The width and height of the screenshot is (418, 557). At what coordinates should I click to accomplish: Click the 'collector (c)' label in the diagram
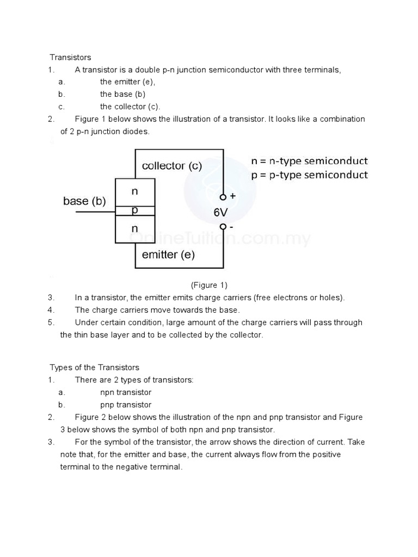click(x=171, y=166)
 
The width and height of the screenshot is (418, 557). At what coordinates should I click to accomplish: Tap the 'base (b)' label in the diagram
click(x=84, y=201)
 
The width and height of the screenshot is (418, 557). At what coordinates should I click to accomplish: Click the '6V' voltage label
click(x=220, y=213)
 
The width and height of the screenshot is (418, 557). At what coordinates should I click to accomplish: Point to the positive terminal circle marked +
click(x=223, y=197)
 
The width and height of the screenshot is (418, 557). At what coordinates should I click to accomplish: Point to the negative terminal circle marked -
click(x=223, y=227)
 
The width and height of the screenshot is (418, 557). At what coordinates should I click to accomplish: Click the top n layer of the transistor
click(x=135, y=192)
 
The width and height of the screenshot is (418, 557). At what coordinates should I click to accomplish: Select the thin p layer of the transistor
click(x=135, y=210)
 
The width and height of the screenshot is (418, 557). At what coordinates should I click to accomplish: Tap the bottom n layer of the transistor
click(x=135, y=229)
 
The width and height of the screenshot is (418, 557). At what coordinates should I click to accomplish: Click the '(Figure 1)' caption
click(x=208, y=285)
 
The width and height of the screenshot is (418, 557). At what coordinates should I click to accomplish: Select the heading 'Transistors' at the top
click(x=71, y=57)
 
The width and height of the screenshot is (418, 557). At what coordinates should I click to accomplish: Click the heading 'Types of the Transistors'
click(x=95, y=368)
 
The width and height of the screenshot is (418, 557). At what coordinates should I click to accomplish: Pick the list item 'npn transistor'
click(x=126, y=392)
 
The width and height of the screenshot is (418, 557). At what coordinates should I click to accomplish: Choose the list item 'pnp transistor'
click(x=126, y=405)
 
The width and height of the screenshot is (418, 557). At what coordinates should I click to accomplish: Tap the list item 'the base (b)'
click(x=122, y=94)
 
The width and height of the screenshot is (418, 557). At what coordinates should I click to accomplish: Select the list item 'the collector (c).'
click(x=130, y=107)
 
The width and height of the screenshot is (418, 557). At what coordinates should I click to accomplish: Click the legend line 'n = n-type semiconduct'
click(x=309, y=161)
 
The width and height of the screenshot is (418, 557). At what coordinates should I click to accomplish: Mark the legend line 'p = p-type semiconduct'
click(x=309, y=175)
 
